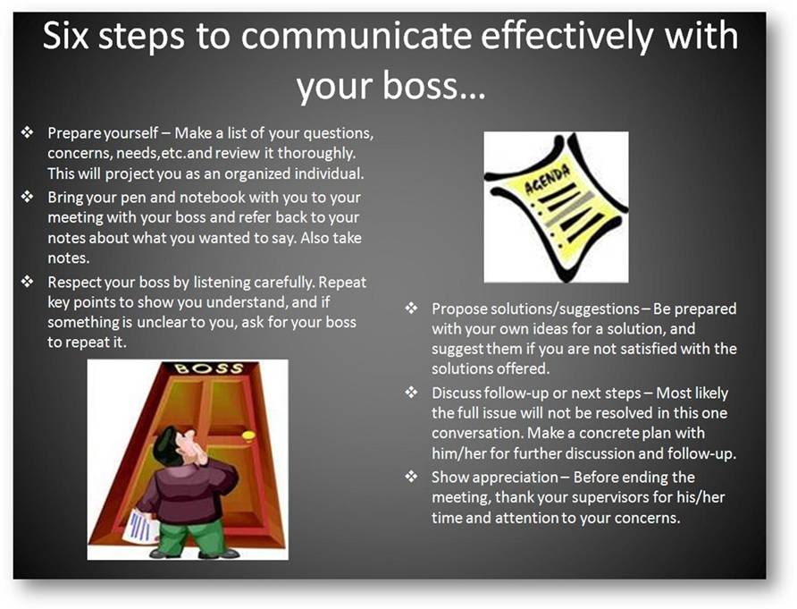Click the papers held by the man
(x=140, y=525)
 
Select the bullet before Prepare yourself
(x=27, y=133)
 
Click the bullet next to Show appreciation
(x=411, y=477)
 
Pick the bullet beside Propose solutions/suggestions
(x=411, y=309)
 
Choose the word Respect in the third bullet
(x=74, y=282)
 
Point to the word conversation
(x=476, y=433)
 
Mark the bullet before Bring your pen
(x=27, y=198)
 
